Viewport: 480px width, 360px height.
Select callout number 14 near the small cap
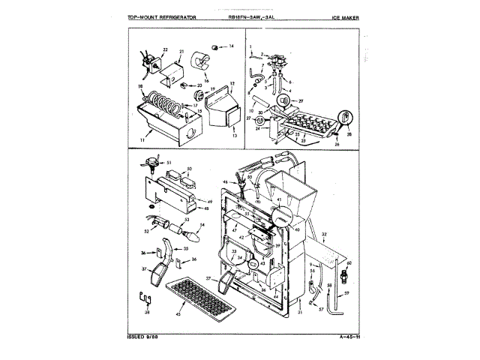click(x=231, y=47)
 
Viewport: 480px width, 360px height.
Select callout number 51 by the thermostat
click(x=169, y=163)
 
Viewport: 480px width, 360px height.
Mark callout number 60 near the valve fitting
click(x=349, y=264)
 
